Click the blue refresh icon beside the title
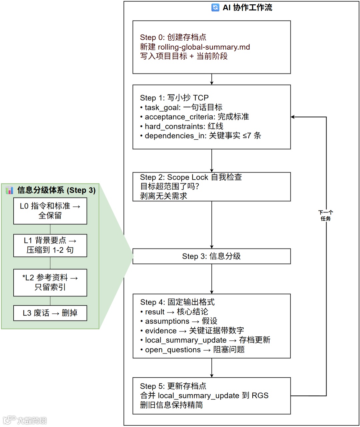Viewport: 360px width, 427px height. click(x=215, y=7)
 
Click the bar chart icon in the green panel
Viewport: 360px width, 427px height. click(x=9, y=190)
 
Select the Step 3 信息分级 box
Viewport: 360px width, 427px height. click(x=211, y=256)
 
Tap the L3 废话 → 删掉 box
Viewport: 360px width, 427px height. click(x=50, y=313)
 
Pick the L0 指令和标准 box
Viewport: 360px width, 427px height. click(x=50, y=211)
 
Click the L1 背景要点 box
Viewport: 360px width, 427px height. click(x=50, y=245)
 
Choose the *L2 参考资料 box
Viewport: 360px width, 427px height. click(x=50, y=282)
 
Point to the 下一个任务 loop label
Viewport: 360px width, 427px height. click(x=326, y=215)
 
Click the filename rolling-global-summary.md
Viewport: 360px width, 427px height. click(x=204, y=47)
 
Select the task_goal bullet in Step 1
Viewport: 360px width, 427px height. click(x=183, y=107)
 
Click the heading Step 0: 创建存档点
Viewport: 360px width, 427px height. click(x=173, y=37)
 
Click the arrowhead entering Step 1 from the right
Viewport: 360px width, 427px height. click(x=293, y=117)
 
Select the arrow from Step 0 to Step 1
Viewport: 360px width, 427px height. click(x=212, y=79)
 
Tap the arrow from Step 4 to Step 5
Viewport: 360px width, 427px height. click(x=212, y=368)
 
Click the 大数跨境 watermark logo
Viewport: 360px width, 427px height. click(x=25, y=420)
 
